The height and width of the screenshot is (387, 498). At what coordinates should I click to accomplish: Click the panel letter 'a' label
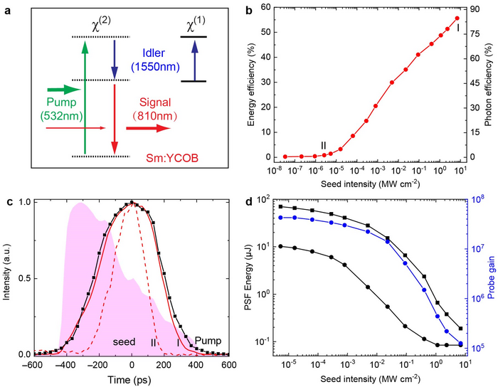(8, 9)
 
